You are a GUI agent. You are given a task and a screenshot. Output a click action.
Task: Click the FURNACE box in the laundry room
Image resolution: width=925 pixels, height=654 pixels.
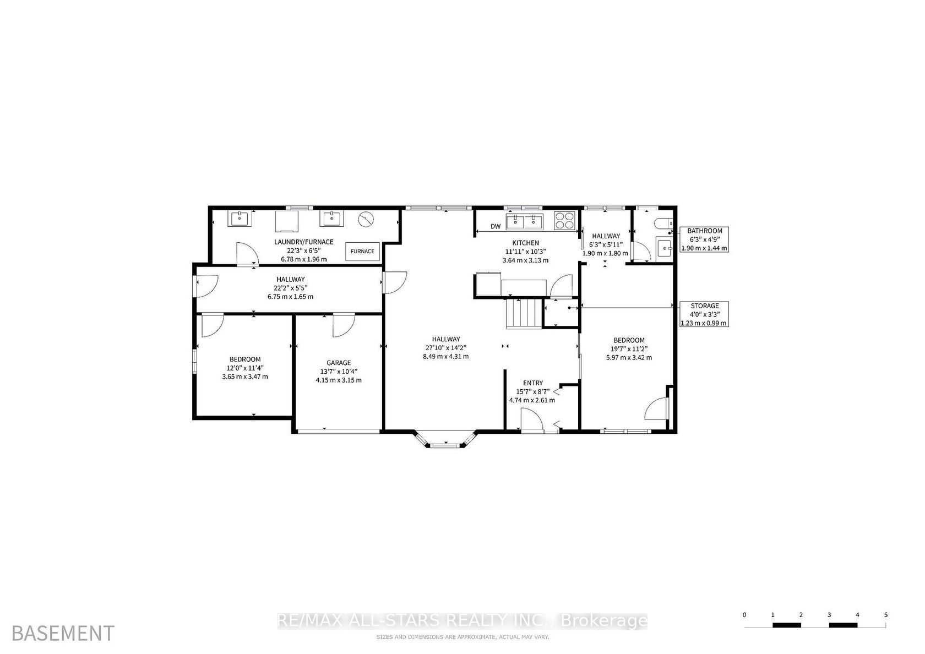[362, 252]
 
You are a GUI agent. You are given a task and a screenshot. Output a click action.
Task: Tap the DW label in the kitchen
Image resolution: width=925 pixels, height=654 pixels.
[496, 226]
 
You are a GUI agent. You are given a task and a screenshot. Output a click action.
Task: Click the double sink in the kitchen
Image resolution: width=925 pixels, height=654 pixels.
[524, 222]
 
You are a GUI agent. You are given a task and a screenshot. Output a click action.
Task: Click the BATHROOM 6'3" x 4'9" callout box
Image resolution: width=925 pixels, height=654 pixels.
[704, 239]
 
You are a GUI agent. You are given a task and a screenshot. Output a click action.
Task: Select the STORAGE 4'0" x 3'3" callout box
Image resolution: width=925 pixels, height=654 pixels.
[704, 314]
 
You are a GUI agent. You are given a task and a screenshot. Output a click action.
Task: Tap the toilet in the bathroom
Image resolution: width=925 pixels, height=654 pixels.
[663, 224]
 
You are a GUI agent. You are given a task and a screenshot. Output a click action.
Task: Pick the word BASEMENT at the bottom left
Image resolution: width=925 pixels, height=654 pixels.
[63, 633]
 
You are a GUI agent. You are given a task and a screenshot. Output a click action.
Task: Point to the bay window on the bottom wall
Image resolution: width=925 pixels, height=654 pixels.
[445, 439]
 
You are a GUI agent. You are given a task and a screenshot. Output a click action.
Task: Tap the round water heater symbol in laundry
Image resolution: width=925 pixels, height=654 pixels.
[366, 219]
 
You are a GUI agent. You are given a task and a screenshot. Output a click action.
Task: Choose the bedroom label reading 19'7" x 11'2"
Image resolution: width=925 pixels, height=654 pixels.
[629, 349]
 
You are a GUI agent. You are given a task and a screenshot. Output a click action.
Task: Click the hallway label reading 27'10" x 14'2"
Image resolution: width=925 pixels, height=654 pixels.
[445, 348]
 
